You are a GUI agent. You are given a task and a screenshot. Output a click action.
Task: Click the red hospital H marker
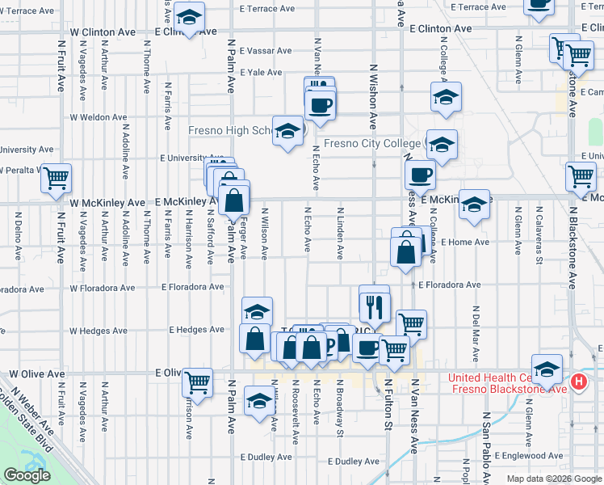click(579, 382)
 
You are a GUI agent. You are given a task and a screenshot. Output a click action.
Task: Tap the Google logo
click(27, 475)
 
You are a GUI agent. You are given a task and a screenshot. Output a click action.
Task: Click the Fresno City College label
click(371, 144)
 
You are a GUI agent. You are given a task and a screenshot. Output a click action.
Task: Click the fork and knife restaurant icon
click(374, 305)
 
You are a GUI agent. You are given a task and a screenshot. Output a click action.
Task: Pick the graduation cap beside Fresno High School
click(287, 133)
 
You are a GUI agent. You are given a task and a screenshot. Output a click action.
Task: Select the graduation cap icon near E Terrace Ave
click(190, 17)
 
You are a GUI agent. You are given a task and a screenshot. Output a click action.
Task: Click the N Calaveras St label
click(539, 234)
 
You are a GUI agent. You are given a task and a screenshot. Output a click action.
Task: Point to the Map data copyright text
click(554, 479)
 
